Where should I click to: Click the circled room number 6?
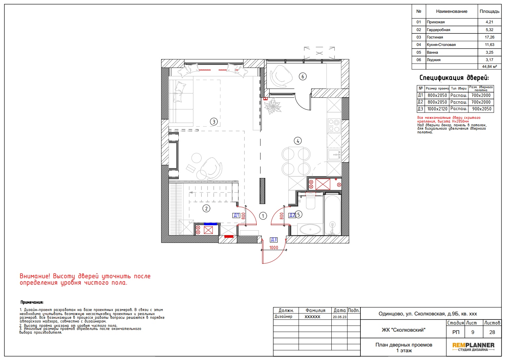tap(303, 77)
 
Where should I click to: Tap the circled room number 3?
tap(214, 122)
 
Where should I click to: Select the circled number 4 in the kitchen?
tap(298, 141)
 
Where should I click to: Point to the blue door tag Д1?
tap(236, 215)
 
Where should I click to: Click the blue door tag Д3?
tap(274, 240)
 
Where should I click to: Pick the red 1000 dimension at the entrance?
tap(274, 248)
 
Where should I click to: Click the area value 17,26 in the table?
tap(489, 37)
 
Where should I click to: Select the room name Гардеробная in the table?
tap(438, 30)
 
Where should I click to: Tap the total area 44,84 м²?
tap(489, 67)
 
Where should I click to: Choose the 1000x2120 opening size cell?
tap(437, 109)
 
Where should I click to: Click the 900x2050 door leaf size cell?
tap(482, 109)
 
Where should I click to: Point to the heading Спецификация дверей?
tap(454, 78)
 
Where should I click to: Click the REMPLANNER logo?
tap(473, 347)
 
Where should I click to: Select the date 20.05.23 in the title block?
tap(339, 317)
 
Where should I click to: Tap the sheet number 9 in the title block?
tap(473, 332)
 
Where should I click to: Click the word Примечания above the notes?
tap(32, 302)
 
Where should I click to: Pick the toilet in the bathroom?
tap(310, 201)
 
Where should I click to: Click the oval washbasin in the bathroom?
tap(310, 229)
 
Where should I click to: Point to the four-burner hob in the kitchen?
tap(334, 126)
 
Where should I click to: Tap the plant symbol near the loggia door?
tap(273, 106)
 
